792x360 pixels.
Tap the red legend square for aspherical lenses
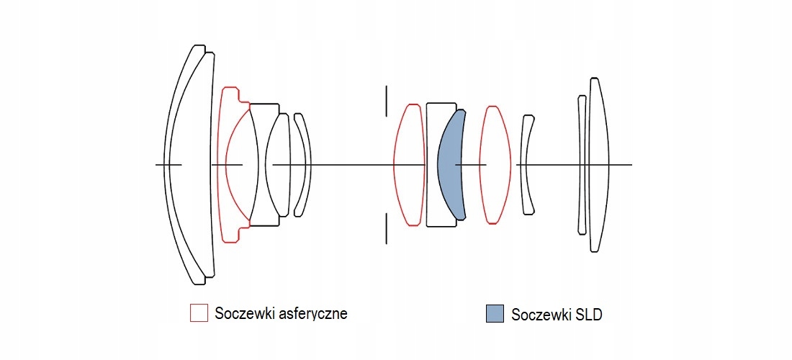coord(199,313)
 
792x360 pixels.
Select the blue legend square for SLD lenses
coord(495,313)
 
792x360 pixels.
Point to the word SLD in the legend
coord(588,315)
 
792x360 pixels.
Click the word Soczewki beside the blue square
coord(541,315)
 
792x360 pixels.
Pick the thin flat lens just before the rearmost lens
coord(582,164)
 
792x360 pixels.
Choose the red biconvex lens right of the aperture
coord(408,164)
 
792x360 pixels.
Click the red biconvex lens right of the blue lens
coord(495,164)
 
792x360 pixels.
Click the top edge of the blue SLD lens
coord(460,110)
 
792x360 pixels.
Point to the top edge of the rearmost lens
coord(594,78)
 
